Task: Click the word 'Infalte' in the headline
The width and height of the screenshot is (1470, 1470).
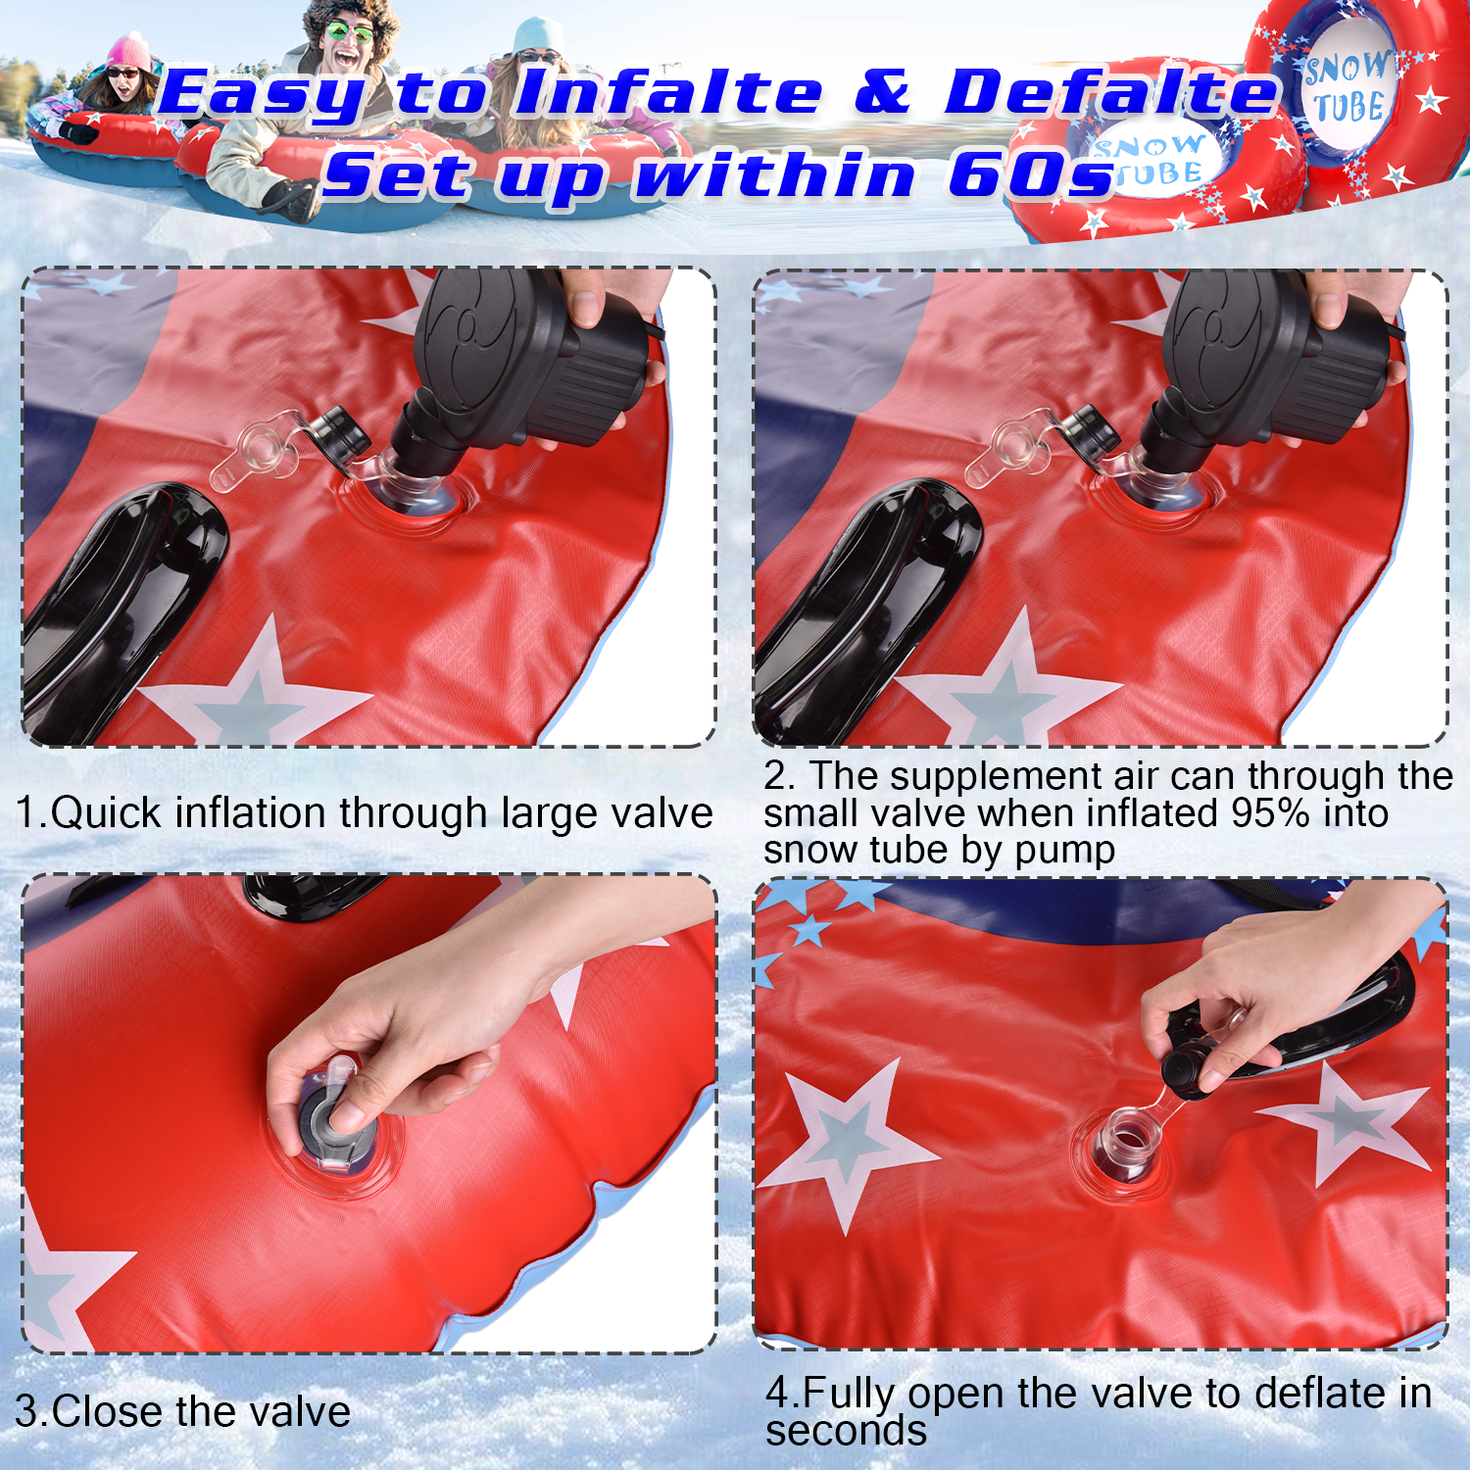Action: tap(668, 93)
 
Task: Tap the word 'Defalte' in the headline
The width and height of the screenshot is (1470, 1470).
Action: tap(1112, 93)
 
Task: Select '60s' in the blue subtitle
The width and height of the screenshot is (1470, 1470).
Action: tap(1033, 176)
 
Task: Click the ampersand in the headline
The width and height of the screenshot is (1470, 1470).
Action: tap(883, 93)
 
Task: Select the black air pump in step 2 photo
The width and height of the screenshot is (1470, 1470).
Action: tap(1264, 367)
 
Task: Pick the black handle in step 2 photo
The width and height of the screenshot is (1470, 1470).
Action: tap(862, 608)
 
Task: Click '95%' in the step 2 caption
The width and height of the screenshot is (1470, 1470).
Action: tap(1265, 812)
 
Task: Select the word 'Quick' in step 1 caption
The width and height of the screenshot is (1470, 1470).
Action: tap(107, 813)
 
